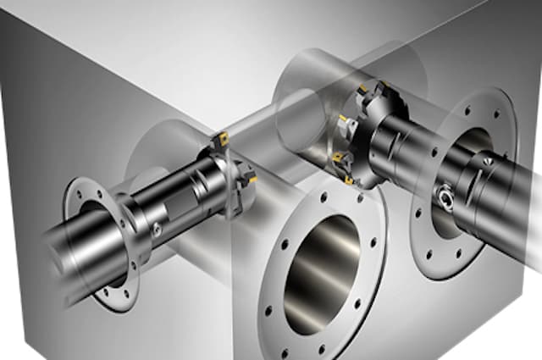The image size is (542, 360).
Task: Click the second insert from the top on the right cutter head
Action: [x=344, y=121]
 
